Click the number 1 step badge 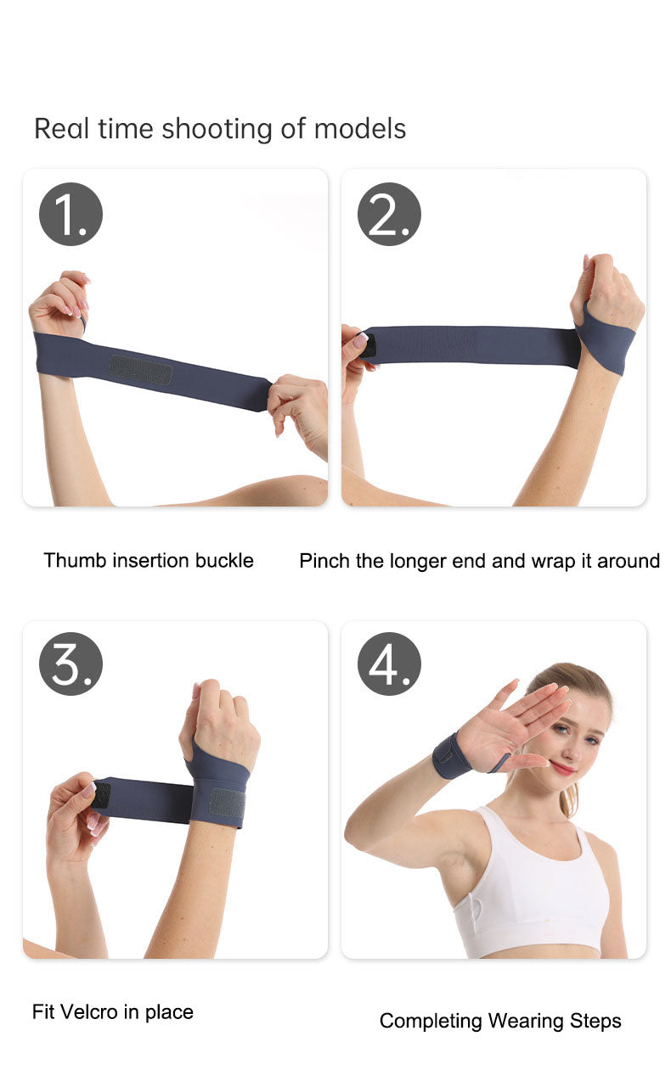pos(70,215)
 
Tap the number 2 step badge pos(389,215)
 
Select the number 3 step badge pos(70,664)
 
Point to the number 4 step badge pos(389,664)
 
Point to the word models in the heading pos(360,129)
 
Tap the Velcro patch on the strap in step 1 pos(140,370)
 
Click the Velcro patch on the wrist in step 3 pos(227,803)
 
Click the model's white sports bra pos(531,891)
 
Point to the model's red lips pos(562,768)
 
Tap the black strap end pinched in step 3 pos(102,795)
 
